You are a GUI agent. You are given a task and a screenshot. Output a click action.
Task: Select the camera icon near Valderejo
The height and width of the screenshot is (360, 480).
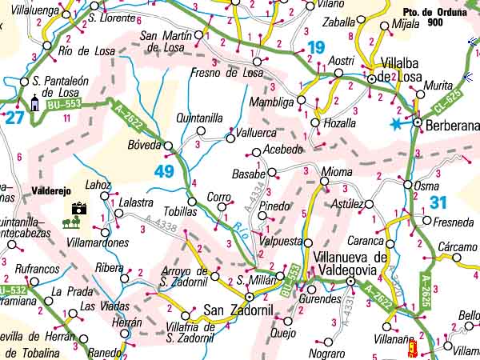pos(78,209)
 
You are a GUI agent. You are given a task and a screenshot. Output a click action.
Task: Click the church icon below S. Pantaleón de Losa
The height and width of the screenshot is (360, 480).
pos(34,102)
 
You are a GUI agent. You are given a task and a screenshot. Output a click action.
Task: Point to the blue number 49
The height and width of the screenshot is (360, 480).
pos(165,171)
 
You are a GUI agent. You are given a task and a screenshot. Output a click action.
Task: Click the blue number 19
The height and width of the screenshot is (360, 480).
pos(315,48)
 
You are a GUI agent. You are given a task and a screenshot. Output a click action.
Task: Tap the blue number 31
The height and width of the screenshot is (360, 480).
pos(438,203)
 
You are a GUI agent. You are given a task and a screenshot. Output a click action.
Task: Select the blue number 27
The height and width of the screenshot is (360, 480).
pos(14,118)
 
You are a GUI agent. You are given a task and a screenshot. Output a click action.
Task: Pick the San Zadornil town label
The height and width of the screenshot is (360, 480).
pos(234,310)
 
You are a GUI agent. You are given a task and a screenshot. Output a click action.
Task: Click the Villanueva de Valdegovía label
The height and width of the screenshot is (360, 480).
pos(352,263)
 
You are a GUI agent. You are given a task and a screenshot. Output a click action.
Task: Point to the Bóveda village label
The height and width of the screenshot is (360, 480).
pos(144,146)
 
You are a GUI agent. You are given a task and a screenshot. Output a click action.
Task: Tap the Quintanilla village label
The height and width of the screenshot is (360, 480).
pos(199,118)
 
